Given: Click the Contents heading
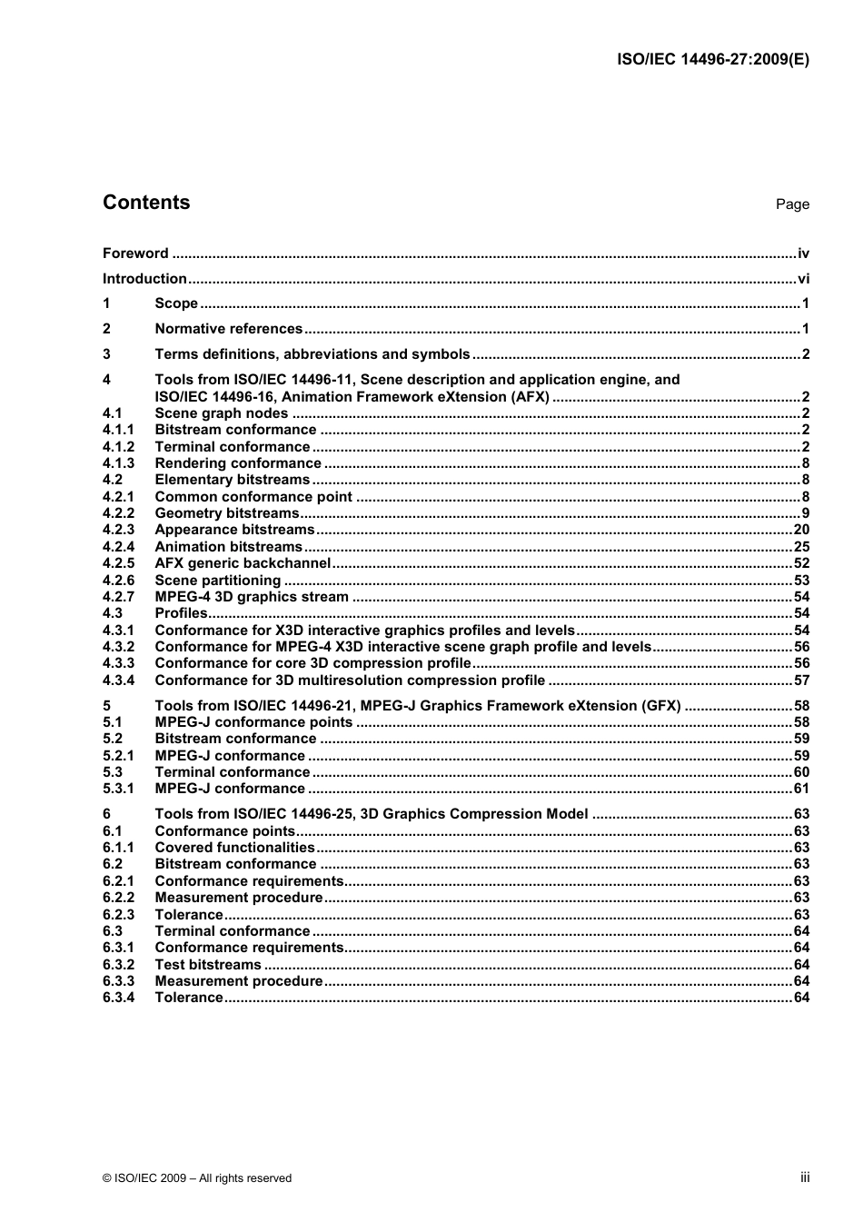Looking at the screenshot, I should click(x=146, y=203).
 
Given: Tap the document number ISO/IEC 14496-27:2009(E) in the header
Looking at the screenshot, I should click(x=713, y=60).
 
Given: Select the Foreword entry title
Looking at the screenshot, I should click(x=135, y=253).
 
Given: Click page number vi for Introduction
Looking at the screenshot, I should click(x=803, y=279).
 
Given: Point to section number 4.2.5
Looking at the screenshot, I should click(x=118, y=563).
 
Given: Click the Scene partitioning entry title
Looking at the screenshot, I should click(x=218, y=581).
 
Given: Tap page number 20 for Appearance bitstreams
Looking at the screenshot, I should click(x=801, y=530).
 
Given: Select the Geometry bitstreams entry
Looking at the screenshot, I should click(x=227, y=513).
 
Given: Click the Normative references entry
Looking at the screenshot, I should click(x=229, y=329).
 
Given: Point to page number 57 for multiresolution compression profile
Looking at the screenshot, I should click(x=801, y=681).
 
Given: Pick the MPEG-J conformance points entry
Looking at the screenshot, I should click(x=253, y=722).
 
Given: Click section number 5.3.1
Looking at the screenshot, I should click(x=118, y=789).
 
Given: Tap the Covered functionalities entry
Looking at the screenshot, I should click(x=234, y=848).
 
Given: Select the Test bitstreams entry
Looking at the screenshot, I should click(x=208, y=965).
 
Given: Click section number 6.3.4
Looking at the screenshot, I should click(x=118, y=998).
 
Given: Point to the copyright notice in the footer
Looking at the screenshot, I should click(x=197, y=1178).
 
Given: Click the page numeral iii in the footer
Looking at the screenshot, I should click(x=805, y=1177).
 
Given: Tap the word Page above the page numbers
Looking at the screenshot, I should click(x=792, y=204).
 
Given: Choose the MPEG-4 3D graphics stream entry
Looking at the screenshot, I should click(x=252, y=597).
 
